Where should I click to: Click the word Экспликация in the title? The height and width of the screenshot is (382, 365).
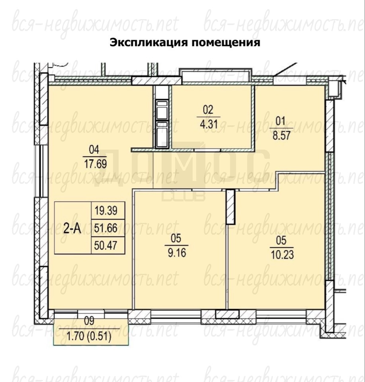point(148,43)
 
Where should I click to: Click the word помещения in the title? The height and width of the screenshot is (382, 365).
point(226,43)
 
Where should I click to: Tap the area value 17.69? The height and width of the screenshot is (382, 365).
point(95,164)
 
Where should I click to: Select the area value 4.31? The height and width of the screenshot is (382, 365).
point(209,124)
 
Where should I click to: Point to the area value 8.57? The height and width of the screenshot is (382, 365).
point(281,135)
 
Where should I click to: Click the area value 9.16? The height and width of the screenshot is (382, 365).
point(177,253)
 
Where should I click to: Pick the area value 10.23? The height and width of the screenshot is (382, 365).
point(282,255)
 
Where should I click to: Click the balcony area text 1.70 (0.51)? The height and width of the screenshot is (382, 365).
point(89,337)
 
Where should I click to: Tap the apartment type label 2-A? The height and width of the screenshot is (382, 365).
point(72,229)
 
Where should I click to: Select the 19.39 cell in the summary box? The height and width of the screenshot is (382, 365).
point(106,210)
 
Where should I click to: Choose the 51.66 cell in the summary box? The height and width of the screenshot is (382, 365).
point(106,228)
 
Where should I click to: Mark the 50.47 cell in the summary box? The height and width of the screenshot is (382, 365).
point(106,246)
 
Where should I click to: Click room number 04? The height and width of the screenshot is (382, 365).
point(94,150)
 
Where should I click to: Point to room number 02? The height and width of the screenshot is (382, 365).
point(208,110)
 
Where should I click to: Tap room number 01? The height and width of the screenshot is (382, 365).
point(281,121)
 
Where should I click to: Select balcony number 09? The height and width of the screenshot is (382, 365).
point(89,321)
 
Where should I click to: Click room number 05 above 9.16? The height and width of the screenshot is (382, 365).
point(176,238)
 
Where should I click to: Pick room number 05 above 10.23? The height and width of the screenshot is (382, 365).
point(281,240)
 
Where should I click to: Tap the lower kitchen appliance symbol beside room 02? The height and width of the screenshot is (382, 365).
point(162,134)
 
